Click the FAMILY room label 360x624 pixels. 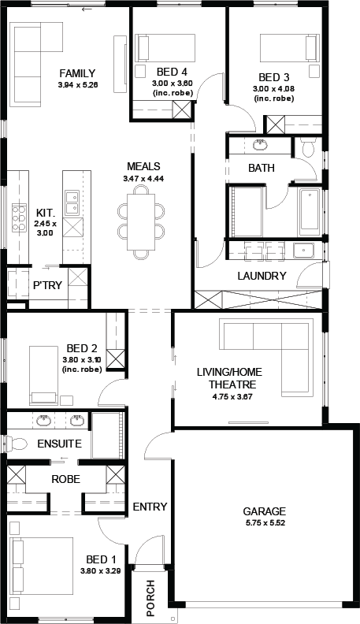tap(77, 73)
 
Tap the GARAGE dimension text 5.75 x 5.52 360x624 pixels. tap(265, 523)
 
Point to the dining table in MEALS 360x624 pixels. tap(141, 221)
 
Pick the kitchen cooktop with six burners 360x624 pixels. tap(19, 217)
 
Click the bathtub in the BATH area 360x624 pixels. tap(309, 210)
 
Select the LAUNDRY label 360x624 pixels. tap(262, 276)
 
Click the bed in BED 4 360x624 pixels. tap(165, 48)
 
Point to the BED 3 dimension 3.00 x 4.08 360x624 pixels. tap(274, 89)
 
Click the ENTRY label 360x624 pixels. tap(150, 507)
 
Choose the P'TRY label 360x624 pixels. tap(47, 285)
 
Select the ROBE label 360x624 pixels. tap(65, 479)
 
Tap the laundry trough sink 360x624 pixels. tap(303, 251)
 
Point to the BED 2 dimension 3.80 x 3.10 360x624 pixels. tap(82, 360)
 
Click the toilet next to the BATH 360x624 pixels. tap(308, 147)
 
